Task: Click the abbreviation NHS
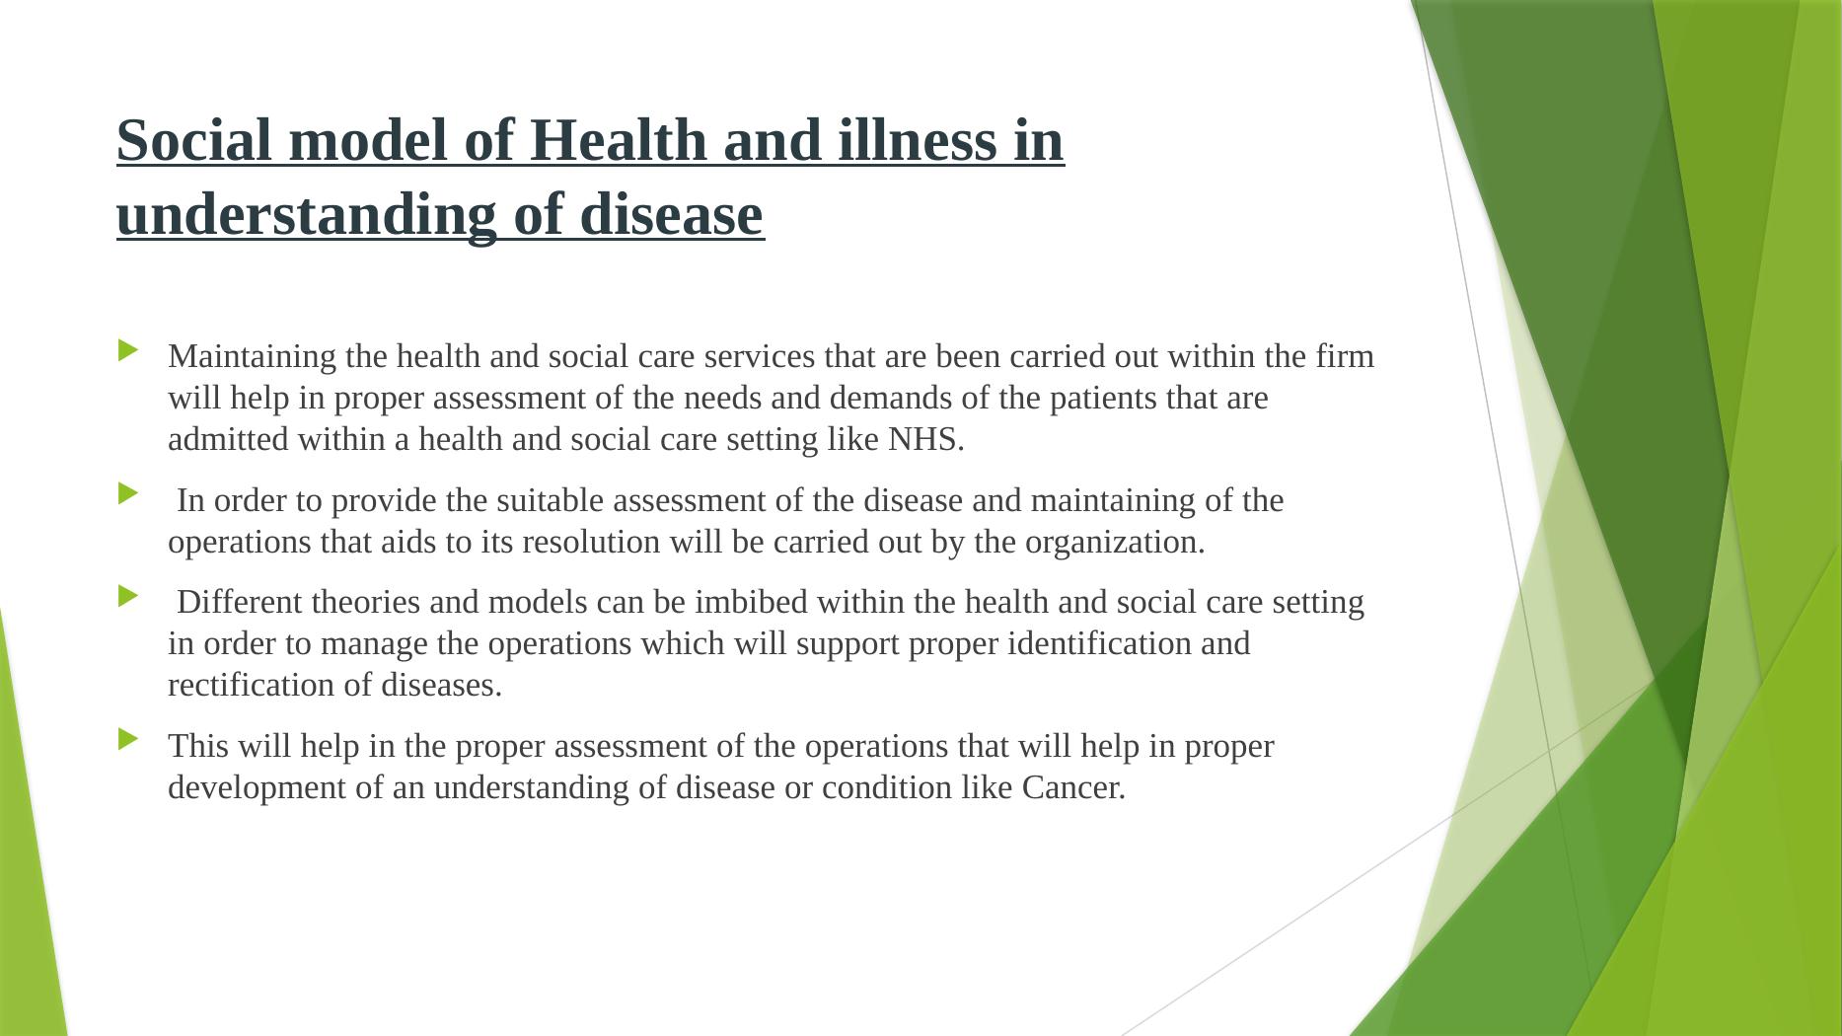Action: (925, 440)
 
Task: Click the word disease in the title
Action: (671, 215)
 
